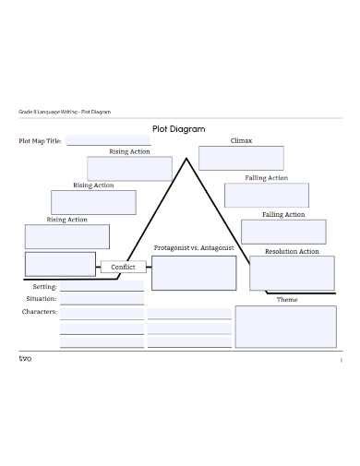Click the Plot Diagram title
[x=179, y=129]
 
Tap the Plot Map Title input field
[x=106, y=141]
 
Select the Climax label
[x=241, y=140]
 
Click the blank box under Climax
[x=228, y=158]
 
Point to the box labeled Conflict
[x=123, y=267]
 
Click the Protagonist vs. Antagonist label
[x=195, y=248]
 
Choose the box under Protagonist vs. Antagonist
[x=194, y=273]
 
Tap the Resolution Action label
[x=292, y=251]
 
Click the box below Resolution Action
[x=292, y=273]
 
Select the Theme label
[x=287, y=299]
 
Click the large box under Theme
[x=285, y=326]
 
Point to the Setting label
[x=44, y=287]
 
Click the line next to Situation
[x=102, y=301]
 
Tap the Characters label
[x=40, y=312]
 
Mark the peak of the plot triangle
[x=187, y=159]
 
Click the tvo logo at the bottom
[x=25, y=358]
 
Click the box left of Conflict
[x=60, y=265]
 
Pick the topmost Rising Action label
[x=129, y=151]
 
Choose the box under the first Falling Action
[x=267, y=196]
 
